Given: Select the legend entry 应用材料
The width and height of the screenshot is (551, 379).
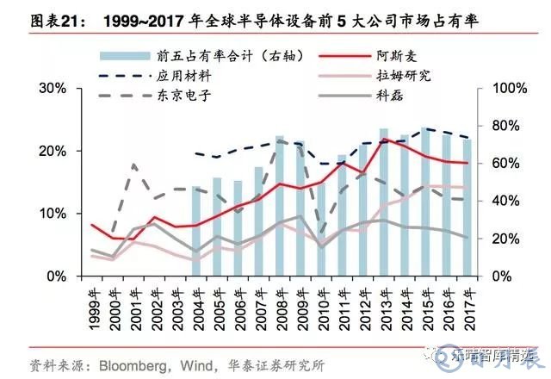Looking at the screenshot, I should tap(186, 76).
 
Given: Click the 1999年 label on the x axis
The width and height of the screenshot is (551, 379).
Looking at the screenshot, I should tap(93, 302).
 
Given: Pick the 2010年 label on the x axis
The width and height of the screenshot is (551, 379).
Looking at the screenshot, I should tap(322, 302).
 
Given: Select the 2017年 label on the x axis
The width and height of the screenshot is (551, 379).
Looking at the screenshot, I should tap(467, 302).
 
